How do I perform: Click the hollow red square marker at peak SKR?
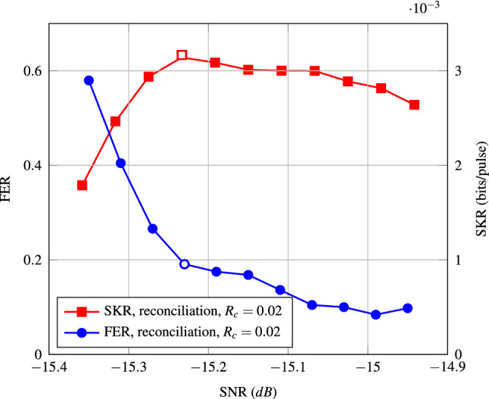[x=182, y=55]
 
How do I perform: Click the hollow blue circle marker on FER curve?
[x=184, y=263]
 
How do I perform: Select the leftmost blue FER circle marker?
[x=89, y=80]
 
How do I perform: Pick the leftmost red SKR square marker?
[x=83, y=185]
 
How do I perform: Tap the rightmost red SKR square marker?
[x=414, y=104]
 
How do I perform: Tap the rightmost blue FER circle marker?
[x=407, y=308]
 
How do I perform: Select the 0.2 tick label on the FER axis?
[x=31, y=260]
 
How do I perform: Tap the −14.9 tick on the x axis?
[x=447, y=368]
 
